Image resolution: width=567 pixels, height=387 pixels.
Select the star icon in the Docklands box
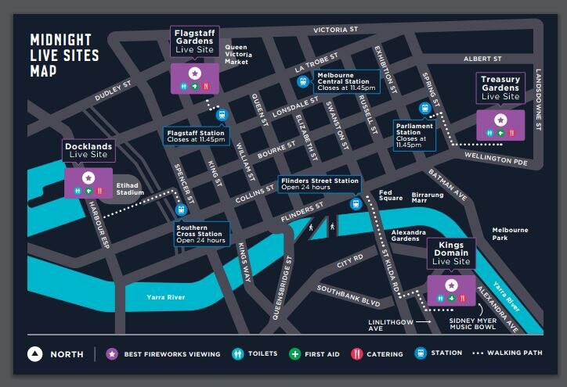pyautogui.click(x=88, y=178)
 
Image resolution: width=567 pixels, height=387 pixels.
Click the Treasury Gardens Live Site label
pyautogui.click(x=500, y=88)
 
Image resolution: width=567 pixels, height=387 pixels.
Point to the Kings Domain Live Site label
pyautogui.click(x=452, y=255)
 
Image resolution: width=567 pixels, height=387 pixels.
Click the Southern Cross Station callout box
pyautogui.click(x=202, y=234)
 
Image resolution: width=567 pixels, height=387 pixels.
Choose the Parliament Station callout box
pyautogui.click(x=414, y=134)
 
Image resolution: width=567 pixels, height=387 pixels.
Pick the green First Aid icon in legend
pyautogui.click(x=294, y=354)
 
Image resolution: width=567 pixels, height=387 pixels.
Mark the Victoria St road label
pyautogui.click(x=335, y=30)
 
